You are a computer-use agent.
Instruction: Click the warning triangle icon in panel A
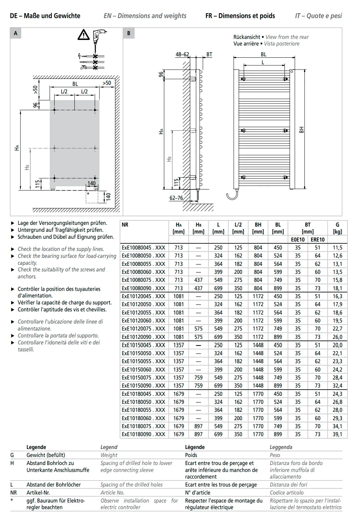pyautogui.click(x=83, y=35)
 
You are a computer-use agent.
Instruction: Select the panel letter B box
pyautogui.click(x=129, y=33)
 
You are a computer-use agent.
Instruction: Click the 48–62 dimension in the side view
pyautogui.click(x=182, y=54)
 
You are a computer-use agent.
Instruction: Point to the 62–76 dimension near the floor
pyautogui.click(x=176, y=198)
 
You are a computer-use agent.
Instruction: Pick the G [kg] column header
pyautogui.click(x=337, y=228)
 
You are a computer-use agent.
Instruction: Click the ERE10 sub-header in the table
pyautogui.click(x=317, y=239)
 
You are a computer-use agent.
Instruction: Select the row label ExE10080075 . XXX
pyautogui.click(x=143, y=280)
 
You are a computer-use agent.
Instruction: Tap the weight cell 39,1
pyautogui.click(x=337, y=434)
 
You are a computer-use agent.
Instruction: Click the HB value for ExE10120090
pyautogui.click(x=198, y=337)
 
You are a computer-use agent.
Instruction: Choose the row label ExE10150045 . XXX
pyautogui.click(x=143, y=345)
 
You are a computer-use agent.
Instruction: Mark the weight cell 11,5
pyautogui.click(x=337, y=247)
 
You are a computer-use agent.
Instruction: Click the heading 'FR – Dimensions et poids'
pyautogui.click(x=240, y=16)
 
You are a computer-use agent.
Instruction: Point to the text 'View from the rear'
pyautogui.click(x=287, y=37)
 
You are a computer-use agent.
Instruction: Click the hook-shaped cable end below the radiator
pyautogui.click(x=232, y=195)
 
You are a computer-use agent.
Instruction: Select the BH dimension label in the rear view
pyautogui.click(x=301, y=130)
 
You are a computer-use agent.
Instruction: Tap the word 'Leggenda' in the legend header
pyautogui.click(x=281, y=447)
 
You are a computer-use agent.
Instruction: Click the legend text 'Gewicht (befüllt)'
pyautogui.click(x=46, y=455)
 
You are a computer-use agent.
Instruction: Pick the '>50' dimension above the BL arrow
pyautogui.click(x=107, y=83)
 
